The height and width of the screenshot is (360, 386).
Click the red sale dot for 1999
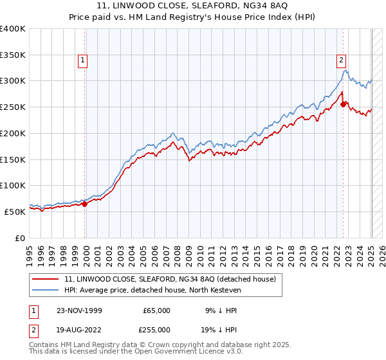click(x=85, y=204)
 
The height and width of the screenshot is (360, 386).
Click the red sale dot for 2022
click(x=344, y=104)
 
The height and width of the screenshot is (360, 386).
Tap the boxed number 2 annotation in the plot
click(x=341, y=60)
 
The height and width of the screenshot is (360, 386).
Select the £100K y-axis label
click(x=13, y=185)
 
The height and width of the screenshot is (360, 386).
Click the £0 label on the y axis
click(x=20, y=237)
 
